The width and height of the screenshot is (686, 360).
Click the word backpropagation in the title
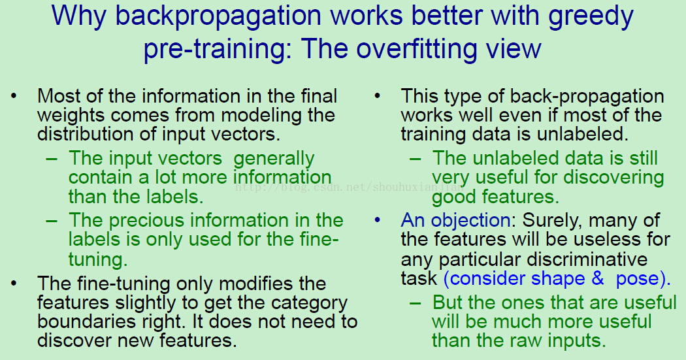(218, 16)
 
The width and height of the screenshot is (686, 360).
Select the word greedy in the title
(591, 16)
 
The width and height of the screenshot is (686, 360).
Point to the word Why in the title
(79, 16)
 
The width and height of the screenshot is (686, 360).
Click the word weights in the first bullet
(71, 116)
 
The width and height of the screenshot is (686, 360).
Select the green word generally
(274, 159)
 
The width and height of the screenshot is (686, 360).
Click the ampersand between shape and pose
(598, 278)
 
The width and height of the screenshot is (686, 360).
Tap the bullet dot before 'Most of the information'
(14, 96)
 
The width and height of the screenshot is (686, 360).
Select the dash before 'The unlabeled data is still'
(415, 158)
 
